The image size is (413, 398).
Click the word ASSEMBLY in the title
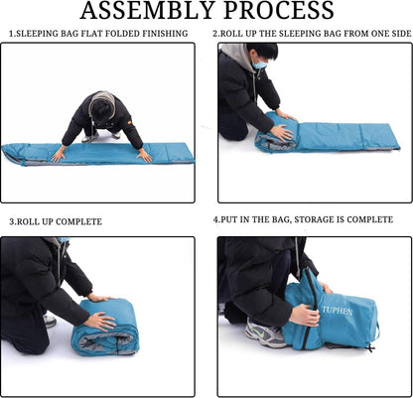(x=147, y=10)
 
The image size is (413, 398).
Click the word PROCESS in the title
(x=279, y=10)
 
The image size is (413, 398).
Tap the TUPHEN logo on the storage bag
(x=338, y=311)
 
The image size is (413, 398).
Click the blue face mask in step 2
(x=259, y=65)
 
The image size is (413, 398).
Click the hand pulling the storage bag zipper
(x=305, y=315)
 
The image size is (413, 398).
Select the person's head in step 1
(x=102, y=106)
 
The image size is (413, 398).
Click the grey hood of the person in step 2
(x=235, y=53)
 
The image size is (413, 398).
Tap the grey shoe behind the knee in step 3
(x=50, y=321)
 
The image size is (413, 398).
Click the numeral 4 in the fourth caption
(x=216, y=219)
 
